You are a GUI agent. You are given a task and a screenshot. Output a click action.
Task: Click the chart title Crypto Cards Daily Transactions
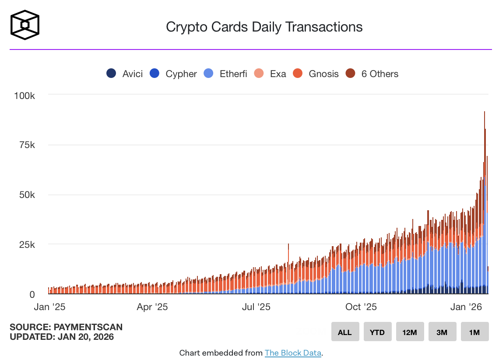pos(264,27)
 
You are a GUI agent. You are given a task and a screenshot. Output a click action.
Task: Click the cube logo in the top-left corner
pos(25,24)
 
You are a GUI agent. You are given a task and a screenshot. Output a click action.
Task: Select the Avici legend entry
pos(125,74)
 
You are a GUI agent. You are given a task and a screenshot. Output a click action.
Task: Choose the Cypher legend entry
pos(173,74)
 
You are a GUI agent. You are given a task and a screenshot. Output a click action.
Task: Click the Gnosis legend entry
pos(316,74)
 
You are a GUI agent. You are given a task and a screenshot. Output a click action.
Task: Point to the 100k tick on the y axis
pos(25,95)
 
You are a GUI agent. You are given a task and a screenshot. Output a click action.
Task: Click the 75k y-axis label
pos(28,145)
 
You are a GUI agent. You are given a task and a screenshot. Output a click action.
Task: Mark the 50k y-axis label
pos(28,194)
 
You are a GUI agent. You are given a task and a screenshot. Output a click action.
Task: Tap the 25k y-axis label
pos(28,244)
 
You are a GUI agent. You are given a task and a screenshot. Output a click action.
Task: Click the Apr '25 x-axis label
pos(152,307)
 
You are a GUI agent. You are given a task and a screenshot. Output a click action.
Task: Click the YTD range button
pos(377,332)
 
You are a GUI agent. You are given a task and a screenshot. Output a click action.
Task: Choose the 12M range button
pos(410,332)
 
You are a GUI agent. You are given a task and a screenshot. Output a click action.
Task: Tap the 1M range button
pos(474,332)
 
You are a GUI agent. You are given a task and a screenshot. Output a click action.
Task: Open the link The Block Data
pos(293,353)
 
